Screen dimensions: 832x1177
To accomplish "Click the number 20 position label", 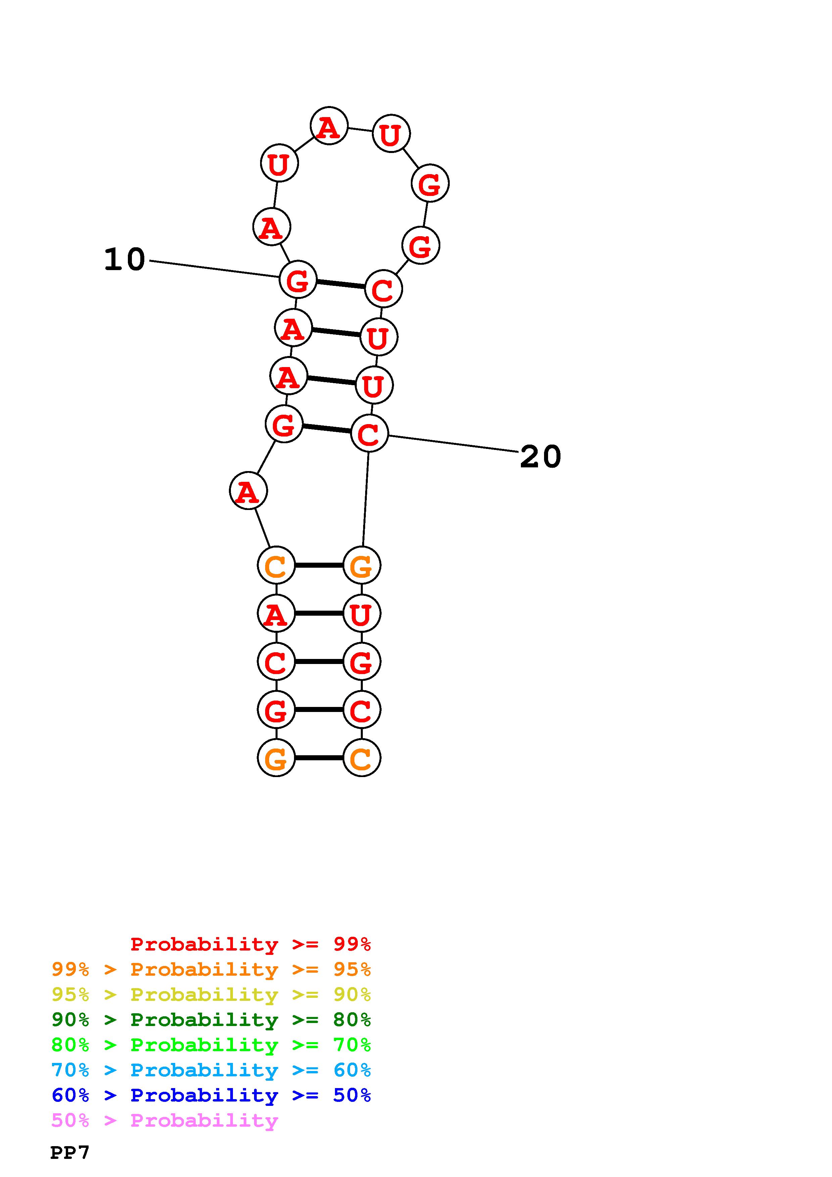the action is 540,457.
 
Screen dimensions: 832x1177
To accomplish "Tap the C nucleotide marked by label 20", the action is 369,434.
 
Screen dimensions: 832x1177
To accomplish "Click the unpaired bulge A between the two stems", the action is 248,491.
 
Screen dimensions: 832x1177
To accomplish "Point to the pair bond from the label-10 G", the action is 341,284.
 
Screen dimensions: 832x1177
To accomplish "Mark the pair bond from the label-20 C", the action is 327,428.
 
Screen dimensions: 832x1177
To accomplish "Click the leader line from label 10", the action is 214,269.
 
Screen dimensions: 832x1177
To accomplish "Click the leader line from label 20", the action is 454,444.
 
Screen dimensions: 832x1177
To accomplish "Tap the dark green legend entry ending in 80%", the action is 211,1020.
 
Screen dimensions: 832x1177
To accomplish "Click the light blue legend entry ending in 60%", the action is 211,1070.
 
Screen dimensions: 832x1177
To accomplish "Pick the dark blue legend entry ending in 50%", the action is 211,1095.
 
